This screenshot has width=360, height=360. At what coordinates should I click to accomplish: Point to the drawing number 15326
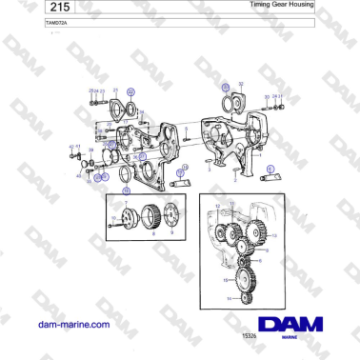tap(250, 335)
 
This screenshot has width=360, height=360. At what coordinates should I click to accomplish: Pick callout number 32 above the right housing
tap(241, 84)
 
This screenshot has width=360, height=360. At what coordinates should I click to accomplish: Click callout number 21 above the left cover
tap(115, 90)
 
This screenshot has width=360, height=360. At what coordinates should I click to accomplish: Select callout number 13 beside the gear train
tap(275, 233)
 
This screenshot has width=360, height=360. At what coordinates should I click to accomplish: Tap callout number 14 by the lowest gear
tap(229, 298)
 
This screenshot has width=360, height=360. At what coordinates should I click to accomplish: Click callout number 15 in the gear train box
tap(225, 281)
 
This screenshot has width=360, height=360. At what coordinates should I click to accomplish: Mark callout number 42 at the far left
tap(71, 147)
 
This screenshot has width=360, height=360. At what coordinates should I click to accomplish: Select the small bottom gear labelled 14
tap(246, 298)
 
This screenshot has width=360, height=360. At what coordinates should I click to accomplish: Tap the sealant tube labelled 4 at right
tap(270, 172)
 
